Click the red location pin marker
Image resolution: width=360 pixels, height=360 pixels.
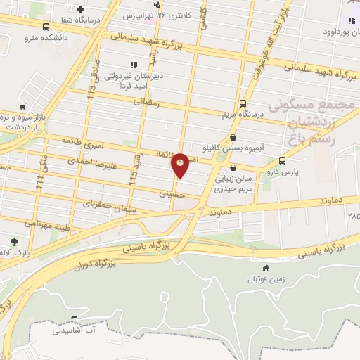tap(180, 165)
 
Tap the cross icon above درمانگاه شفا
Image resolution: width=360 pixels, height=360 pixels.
tap(82, 9)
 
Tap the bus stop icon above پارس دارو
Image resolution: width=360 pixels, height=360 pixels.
tap(282, 160)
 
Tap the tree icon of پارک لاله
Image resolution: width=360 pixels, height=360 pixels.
tap(15, 241)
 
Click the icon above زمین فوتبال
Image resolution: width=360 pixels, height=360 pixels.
tap(266, 268)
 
